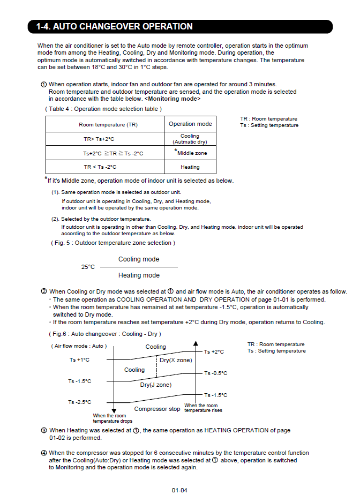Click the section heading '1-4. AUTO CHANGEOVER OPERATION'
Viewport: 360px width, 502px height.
(114, 26)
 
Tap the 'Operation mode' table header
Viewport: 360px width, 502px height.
(190, 124)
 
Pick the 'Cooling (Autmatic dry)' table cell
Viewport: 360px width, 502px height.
(190, 139)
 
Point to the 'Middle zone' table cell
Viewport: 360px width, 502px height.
(192, 153)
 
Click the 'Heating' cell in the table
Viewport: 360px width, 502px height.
(190, 167)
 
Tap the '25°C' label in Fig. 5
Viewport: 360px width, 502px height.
(88, 267)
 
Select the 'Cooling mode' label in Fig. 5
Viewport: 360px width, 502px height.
(139, 259)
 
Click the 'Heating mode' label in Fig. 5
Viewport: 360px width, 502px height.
(139, 275)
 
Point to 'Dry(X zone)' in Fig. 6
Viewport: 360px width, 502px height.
(176, 361)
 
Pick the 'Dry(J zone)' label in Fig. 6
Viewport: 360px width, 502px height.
(156, 385)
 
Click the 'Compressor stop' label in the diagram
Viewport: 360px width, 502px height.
(157, 409)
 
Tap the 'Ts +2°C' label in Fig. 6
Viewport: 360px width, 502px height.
(214, 352)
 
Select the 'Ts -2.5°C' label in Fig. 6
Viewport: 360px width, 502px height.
(79, 402)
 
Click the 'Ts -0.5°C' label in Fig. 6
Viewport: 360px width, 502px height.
(215, 373)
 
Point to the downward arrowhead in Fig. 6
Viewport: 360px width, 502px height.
(114, 410)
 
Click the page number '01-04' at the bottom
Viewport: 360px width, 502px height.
(179, 490)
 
